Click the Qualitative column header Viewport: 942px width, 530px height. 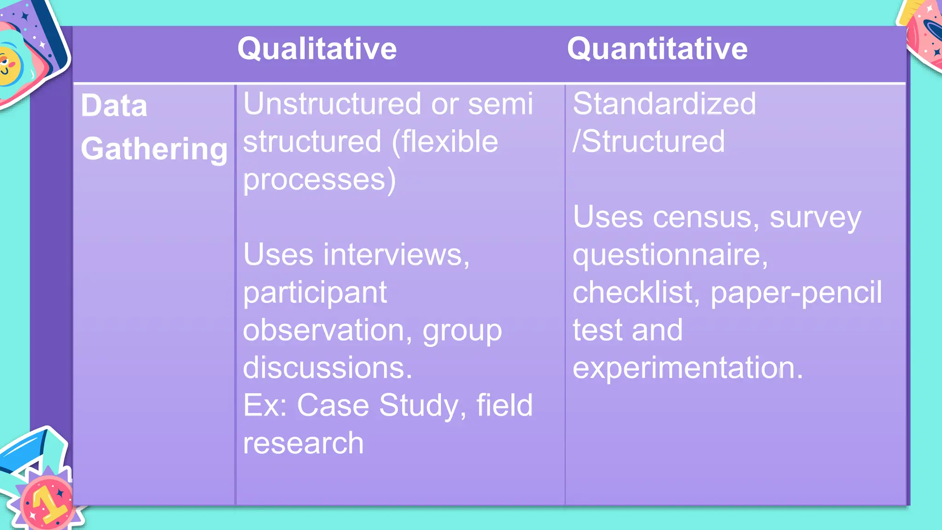(317, 49)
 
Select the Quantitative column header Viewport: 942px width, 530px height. (657, 49)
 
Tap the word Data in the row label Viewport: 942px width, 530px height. (114, 105)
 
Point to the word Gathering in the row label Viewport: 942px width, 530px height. (154, 149)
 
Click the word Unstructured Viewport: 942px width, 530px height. (332, 104)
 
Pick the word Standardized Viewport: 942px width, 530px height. (664, 104)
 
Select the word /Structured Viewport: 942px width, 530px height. (649, 141)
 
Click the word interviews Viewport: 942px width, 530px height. (396, 254)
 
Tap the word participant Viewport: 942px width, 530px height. (315, 292)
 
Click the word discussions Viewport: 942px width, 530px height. (327, 368)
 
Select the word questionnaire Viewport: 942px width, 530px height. (670, 254)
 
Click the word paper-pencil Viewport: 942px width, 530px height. (796, 292)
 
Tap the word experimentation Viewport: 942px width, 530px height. (687, 368)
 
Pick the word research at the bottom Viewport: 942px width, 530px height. (303, 443)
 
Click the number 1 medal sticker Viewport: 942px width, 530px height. (46, 501)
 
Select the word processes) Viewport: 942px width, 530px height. (319, 179)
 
